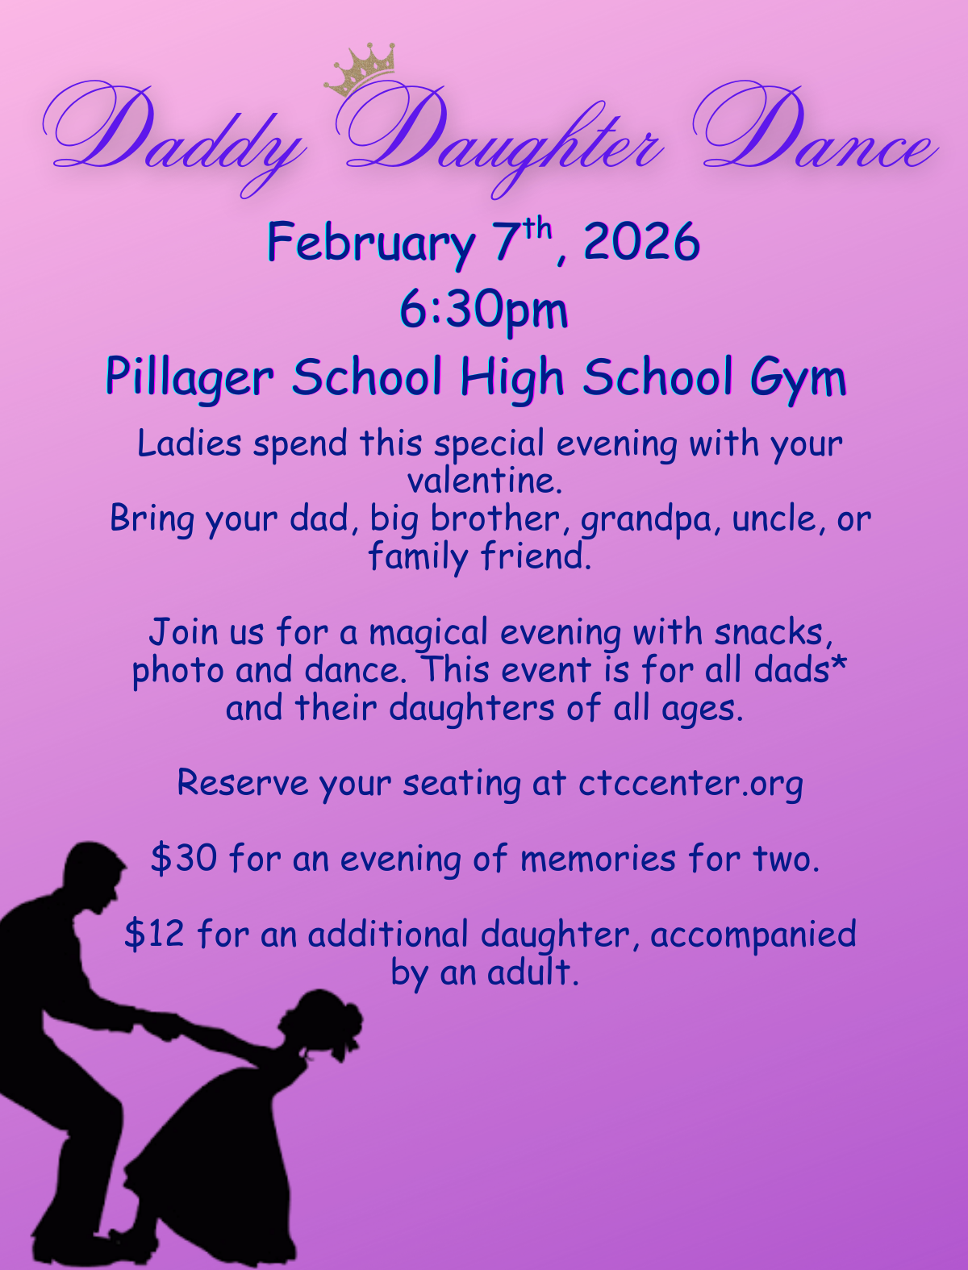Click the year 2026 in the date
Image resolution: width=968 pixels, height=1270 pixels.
pos(641,242)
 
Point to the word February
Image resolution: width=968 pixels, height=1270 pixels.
pos(371,245)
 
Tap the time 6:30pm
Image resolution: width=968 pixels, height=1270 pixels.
pos(484,312)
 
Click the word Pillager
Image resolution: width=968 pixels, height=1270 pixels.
pos(190,378)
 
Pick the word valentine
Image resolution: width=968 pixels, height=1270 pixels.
pos(485,481)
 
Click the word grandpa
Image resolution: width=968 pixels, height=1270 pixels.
pos(651,520)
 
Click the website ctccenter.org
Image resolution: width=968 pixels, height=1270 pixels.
pos(691,785)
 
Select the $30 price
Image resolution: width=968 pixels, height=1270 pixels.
pos(184,858)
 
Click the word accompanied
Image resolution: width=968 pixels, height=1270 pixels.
pos(753,935)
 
